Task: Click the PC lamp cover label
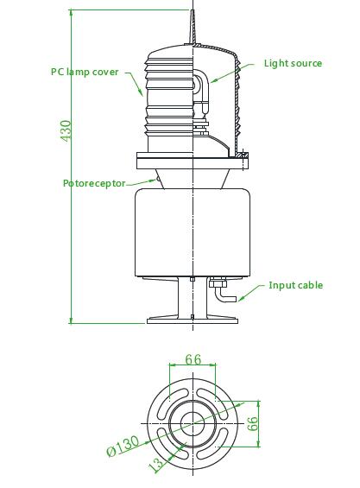85,72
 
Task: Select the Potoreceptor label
94,183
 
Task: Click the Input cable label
295,285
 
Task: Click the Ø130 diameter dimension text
124,446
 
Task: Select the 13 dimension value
156,465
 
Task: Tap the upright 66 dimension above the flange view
193,358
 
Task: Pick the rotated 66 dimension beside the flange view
254,422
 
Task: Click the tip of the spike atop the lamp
192,12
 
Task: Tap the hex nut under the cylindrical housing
216,282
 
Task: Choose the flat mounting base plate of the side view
192,320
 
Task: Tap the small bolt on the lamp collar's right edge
245,156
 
